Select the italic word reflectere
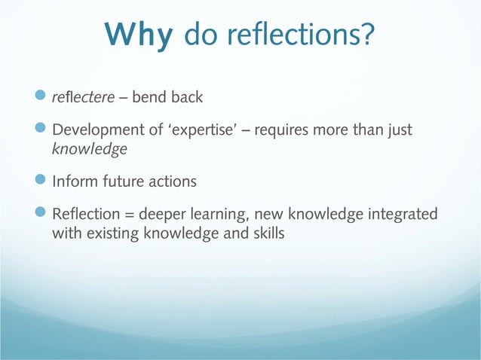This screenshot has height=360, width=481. pyautogui.click(x=79, y=98)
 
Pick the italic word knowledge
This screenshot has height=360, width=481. pyautogui.click(x=89, y=149)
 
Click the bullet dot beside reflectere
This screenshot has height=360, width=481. pyautogui.click(x=42, y=98)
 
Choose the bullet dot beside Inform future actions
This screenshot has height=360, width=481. pyautogui.click(x=42, y=182)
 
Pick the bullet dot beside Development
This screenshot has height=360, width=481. pyautogui.click(x=42, y=130)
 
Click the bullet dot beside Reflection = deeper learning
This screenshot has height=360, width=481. pyautogui.click(x=42, y=215)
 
